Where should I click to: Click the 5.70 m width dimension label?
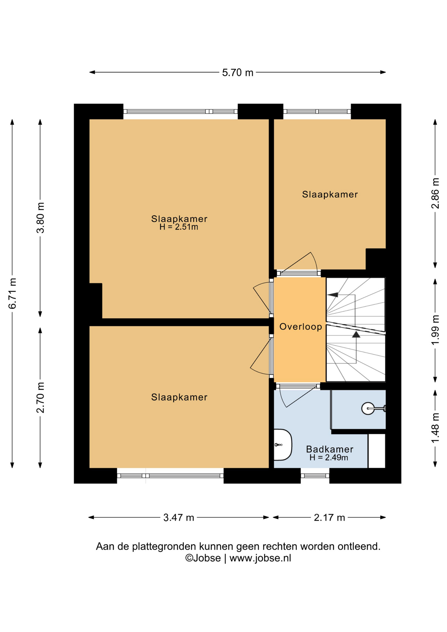(238, 72)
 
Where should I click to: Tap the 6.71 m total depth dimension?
(13, 293)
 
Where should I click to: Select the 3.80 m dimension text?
(40, 218)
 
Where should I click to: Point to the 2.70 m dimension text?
(40, 397)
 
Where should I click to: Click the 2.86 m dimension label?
(435, 193)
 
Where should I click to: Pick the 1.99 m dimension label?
(435, 330)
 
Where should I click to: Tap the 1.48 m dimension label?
(435, 428)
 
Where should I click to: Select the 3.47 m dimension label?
(179, 517)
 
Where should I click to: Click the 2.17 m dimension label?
(329, 517)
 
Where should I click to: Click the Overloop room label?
(301, 327)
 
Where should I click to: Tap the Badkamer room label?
(329, 449)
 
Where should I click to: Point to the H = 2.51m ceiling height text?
(179, 227)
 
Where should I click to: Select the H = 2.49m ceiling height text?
(329, 457)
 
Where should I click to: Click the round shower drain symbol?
(368, 408)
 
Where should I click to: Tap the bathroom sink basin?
(282, 445)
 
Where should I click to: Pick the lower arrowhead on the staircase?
(356, 334)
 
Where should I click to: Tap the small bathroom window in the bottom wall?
(315, 476)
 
